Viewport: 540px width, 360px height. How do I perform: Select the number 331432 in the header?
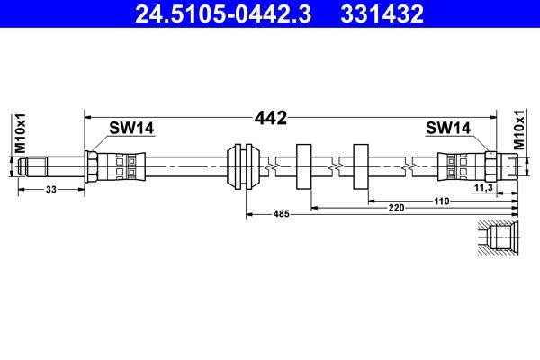coord(379,14)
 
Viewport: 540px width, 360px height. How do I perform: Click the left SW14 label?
coord(131,129)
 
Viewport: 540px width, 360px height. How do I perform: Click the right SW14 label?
coord(448,129)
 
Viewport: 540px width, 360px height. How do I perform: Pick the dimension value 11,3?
coord(481,189)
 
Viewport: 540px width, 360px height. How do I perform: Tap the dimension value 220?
coord(396,208)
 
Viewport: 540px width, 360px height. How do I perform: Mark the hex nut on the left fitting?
coord(93,166)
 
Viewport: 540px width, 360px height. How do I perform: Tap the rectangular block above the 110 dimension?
coord(363,166)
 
